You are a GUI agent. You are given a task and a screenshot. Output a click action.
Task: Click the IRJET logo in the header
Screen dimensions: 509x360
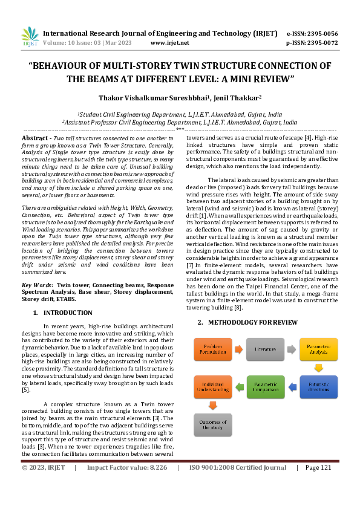(30, 37)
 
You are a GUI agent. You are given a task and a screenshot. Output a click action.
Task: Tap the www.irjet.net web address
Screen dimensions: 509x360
(169, 43)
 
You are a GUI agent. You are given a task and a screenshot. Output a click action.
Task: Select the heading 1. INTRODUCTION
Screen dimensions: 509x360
(62, 313)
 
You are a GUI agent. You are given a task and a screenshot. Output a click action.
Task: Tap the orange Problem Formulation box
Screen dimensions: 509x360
(212, 349)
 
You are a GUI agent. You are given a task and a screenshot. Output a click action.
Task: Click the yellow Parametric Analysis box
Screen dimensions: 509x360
(318, 349)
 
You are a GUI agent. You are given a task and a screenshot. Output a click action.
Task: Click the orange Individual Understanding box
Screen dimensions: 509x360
(212, 387)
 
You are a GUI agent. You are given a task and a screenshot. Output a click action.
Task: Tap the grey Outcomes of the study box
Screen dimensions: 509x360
(212, 424)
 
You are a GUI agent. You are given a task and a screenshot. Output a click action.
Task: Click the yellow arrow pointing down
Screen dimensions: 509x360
(318, 367)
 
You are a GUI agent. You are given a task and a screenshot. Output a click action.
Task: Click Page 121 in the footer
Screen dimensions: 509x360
(318, 467)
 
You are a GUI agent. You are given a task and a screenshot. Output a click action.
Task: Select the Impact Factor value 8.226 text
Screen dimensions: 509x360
(126, 467)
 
